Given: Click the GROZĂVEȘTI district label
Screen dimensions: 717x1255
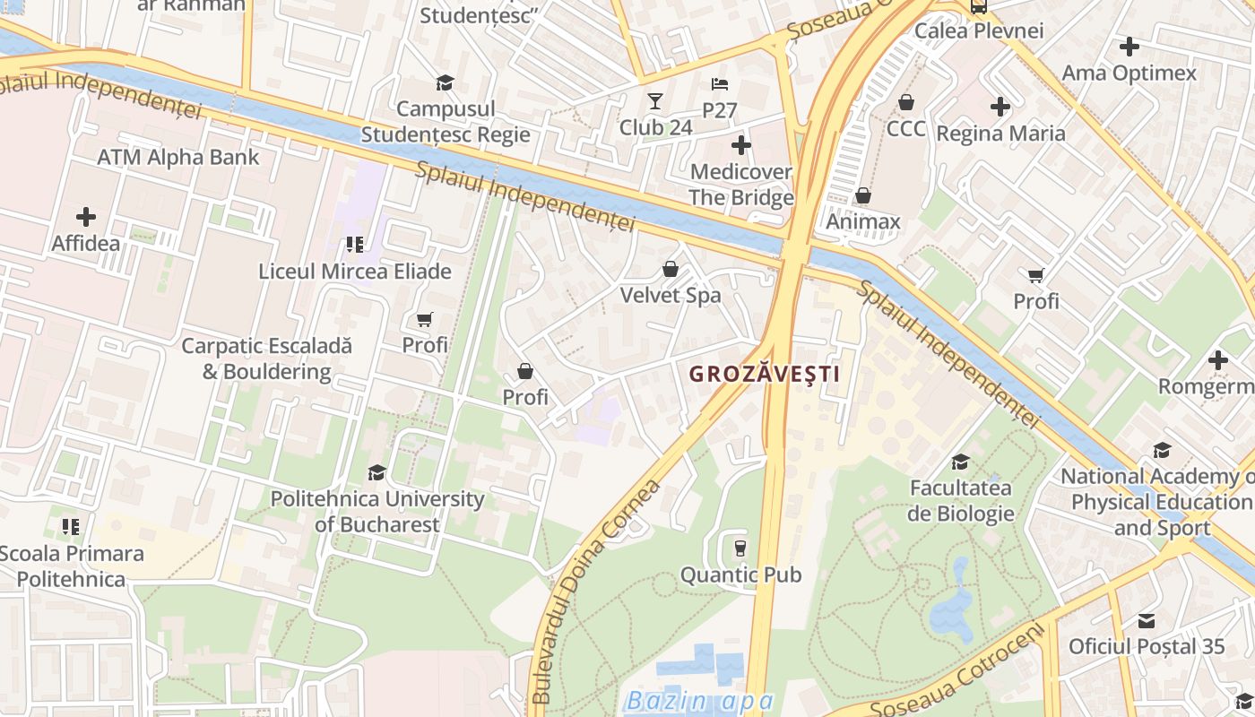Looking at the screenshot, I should point(765,375).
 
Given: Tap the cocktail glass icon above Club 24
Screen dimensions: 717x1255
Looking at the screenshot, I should point(655,101).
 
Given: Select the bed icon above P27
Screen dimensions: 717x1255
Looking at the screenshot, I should point(719,84).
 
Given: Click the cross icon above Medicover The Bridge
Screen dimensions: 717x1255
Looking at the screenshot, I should point(740,144).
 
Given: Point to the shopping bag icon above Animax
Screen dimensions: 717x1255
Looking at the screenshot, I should point(862,195).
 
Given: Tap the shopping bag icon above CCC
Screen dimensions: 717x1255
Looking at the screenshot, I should point(906,102).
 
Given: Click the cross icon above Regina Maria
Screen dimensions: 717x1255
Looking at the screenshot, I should point(1000,108).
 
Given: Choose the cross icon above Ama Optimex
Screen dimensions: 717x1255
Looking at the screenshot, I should point(1129,47).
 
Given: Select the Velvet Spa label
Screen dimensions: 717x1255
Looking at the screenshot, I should point(671,295).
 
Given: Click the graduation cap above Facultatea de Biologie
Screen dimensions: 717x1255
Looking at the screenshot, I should point(960,462).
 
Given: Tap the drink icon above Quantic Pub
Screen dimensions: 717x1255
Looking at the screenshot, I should point(740,548).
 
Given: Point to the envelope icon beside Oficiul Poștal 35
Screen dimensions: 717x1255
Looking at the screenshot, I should point(1146,620).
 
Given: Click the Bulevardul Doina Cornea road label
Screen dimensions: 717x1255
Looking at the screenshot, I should point(595,592).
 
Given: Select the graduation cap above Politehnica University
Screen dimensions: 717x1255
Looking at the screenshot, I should point(376,472).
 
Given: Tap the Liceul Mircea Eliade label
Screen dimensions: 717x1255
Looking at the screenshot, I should point(355,271).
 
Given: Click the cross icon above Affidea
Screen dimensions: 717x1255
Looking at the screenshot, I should point(86,217).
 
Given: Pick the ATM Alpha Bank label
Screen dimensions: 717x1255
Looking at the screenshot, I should point(177,158).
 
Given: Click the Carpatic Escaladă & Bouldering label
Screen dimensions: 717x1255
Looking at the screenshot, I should point(267,358).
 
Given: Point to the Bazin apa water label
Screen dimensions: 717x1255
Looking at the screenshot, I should point(699,701).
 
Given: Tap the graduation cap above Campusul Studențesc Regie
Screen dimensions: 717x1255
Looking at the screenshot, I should point(445,83).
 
